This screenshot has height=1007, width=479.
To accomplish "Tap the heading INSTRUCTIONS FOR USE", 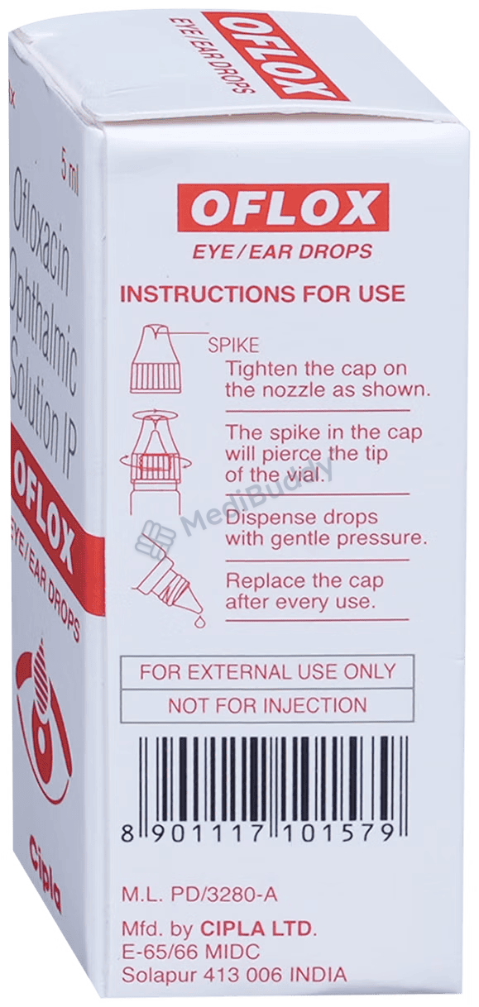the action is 262,294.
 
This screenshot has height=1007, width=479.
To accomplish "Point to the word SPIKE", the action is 233,346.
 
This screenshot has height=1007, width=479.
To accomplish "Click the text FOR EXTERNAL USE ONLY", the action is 267,671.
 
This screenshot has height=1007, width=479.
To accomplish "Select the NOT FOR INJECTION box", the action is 267,705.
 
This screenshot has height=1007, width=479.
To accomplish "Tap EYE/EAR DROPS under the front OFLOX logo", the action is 282,251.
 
